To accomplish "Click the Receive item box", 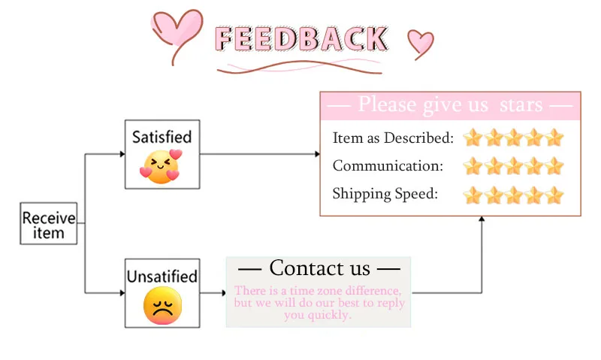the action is click(x=49, y=225).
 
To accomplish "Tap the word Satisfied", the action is click(x=162, y=137).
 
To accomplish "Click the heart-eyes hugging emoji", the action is click(x=162, y=165).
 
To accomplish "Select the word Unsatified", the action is click(x=162, y=276).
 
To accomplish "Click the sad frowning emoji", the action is click(x=162, y=306).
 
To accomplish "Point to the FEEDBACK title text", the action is click(x=301, y=38).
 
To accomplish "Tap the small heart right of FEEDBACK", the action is click(x=420, y=42).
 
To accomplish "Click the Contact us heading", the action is click(x=319, y=268).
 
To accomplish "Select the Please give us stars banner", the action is click(x=451, y=104).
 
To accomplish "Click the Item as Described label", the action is click(x=393, y=138).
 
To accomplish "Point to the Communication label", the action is click(x=388, y=166).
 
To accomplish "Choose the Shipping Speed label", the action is click(x=385, y=194).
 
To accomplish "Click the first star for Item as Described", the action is click(x=472, y=138).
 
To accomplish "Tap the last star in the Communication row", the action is click(x=554, y=166).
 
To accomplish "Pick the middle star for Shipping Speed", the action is click(x=513, y=195).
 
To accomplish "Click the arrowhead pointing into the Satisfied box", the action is click(x=122, y=154).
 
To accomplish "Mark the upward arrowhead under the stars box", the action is click(x=482, y=219).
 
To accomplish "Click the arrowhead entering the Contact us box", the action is click(x=223, y=292).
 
